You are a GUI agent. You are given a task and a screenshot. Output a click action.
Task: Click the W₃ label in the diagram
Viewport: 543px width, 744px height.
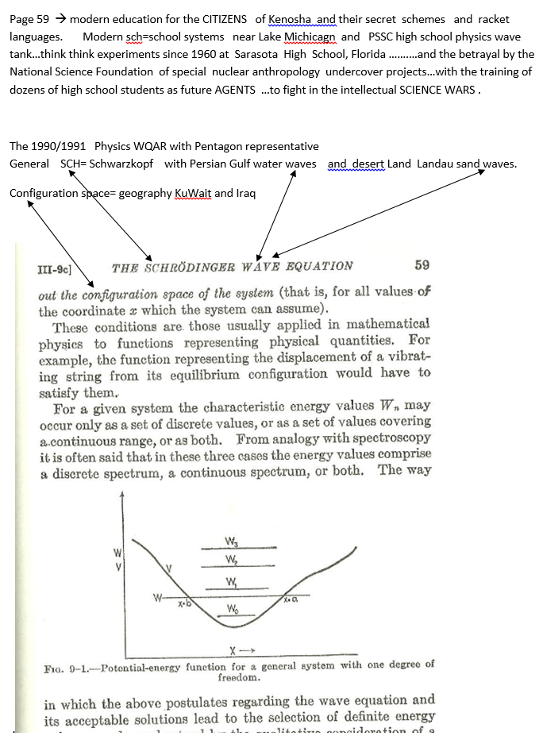[232, 542]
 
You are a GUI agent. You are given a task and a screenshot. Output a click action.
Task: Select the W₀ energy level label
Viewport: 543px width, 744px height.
[233, 609]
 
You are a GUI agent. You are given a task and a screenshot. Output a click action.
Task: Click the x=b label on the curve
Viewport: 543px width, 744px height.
[183, 603]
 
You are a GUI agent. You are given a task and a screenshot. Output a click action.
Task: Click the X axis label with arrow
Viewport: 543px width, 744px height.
[237, 651]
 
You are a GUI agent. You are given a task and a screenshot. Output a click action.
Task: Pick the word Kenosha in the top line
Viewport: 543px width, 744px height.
[291, 19]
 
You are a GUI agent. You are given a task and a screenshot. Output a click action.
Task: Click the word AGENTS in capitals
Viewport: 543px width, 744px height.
[235, 89]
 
